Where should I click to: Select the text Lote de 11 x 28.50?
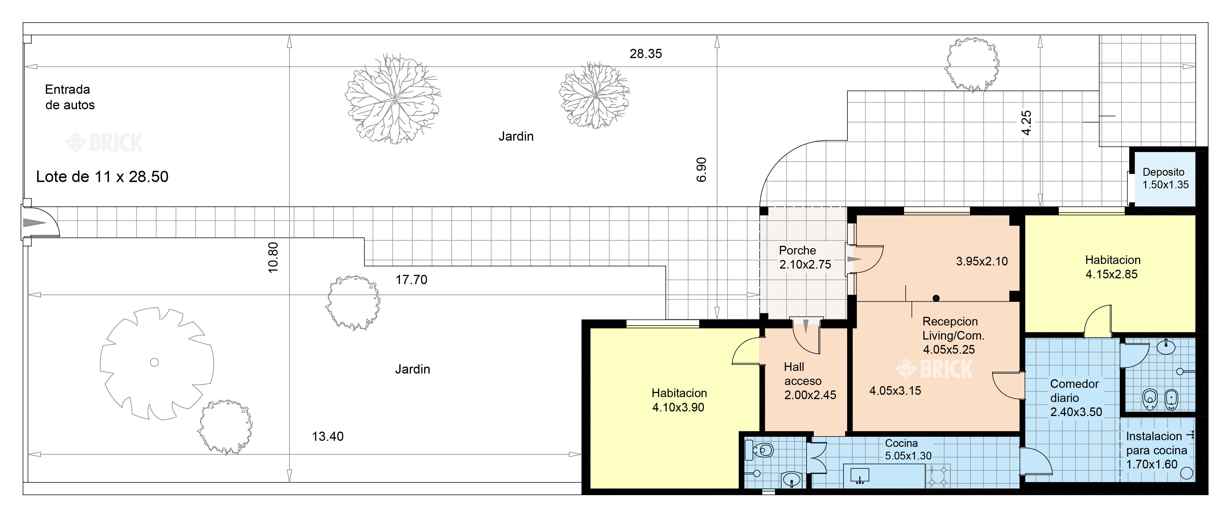pos(102,177)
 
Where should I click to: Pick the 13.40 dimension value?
pos(328,436)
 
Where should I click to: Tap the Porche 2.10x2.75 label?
pos(805,257)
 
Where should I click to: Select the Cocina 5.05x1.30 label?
pos(908,449)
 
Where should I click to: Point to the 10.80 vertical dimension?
pos(273,258)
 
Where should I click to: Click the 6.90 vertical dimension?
pos(701,170)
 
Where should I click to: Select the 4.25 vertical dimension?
pos(1027,123)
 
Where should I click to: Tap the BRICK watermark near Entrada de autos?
pos(104,142)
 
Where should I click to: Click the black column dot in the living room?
pos(936,298)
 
